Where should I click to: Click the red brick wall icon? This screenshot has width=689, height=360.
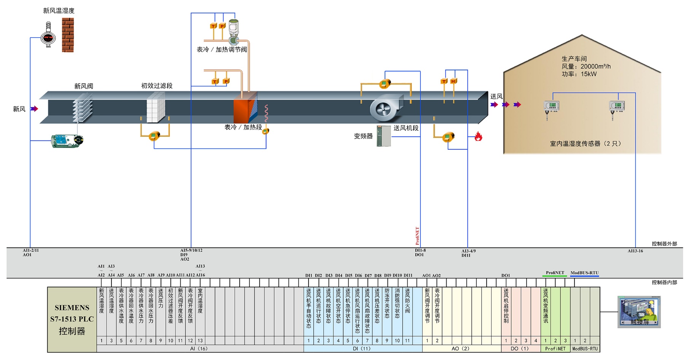coord(68,35)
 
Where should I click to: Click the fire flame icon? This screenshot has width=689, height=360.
coord(478,137)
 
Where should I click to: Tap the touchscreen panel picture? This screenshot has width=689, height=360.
coord(639,312)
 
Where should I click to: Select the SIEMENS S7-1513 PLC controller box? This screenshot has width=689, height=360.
coord(72,319)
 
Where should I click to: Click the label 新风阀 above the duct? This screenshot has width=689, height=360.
coord(84,86)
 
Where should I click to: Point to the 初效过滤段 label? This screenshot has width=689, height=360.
coord(157,86)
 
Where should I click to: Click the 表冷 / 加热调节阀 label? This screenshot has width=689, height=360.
coord(222,49)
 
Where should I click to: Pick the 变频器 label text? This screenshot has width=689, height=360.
coord(363,136)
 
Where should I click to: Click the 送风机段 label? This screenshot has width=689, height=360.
coord(406,128)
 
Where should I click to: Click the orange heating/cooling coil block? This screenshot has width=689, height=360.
coord(241,111)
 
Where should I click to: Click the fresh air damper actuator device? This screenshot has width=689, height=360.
coord(67,140)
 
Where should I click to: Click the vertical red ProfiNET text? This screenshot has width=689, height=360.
coord(417,236)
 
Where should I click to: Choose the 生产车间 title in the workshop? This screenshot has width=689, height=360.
coord(574,59)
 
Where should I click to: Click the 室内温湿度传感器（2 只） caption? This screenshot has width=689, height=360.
coord(585,144)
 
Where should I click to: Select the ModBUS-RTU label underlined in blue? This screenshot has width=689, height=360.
coord(584,273)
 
